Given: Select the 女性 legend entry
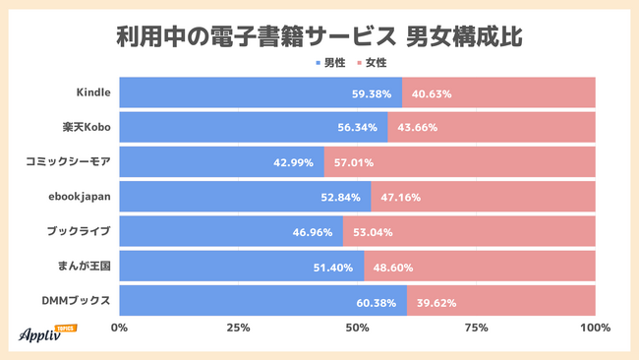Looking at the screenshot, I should click(x=371, y=63).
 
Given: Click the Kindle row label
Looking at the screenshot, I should click(x=93, y=92).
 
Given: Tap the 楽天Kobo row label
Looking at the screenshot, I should click(x=87, y=128).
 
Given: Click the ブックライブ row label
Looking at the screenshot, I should click(x=78, y=231).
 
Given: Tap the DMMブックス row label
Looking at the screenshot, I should click(x=77, y=300).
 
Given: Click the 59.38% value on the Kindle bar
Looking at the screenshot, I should click(x=373, y=93).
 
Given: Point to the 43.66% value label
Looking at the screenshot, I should click(x=417, y=128).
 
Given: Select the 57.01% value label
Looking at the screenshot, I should click(x=354, y=162).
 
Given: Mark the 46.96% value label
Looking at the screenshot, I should click(x=314, y=232).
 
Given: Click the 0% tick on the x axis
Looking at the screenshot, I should click(x=120, y=329).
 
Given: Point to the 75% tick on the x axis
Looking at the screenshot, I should click(x=477, y=329).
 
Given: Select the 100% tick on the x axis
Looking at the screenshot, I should click(x=595, y=329).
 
